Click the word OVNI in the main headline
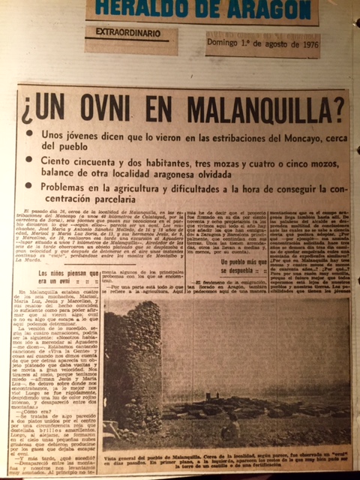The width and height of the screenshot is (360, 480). pos(123,112)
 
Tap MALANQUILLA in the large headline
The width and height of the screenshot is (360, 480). pos(241,114)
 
